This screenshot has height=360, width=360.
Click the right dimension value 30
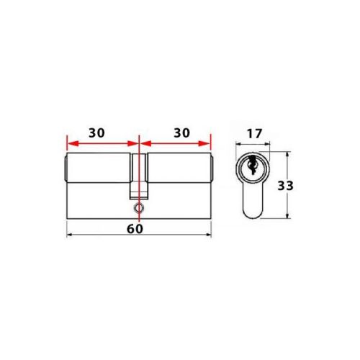[181, 133]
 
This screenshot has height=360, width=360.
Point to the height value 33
[286, 185]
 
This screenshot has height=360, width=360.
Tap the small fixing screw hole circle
[138, 207]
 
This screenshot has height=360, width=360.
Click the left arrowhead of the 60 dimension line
[69, 235]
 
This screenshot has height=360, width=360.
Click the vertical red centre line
[138, 155]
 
